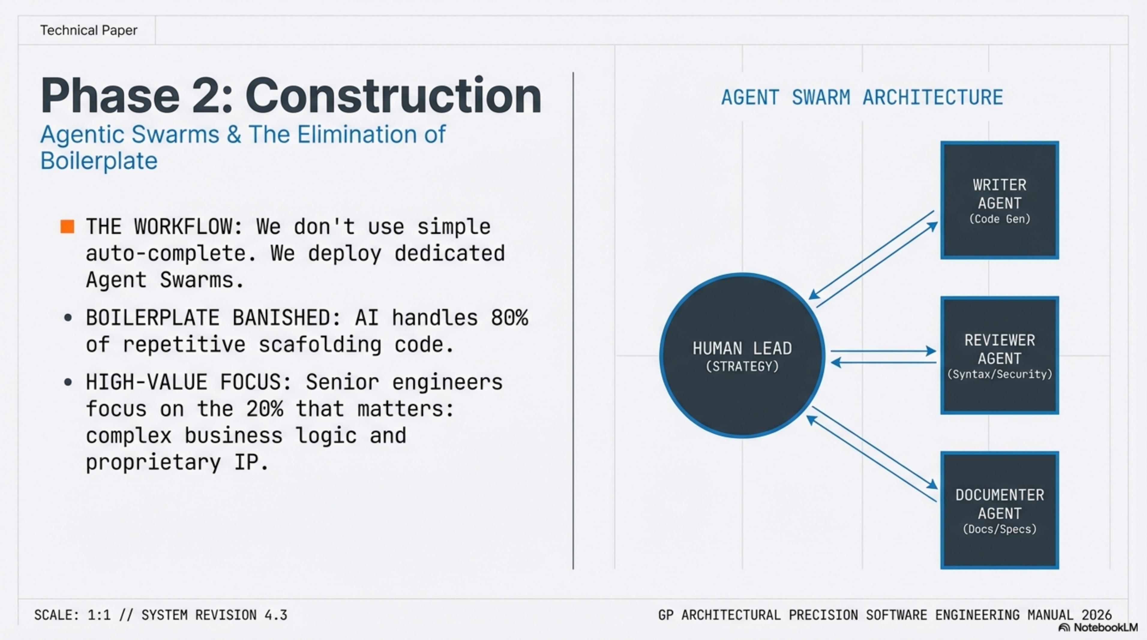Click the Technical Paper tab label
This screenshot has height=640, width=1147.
click(89, 30)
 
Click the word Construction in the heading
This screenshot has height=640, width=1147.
click(393, 96)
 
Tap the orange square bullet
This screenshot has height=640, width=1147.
click(67, 226)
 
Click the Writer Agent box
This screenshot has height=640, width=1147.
click(1000, 200)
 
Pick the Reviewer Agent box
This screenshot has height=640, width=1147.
click(1000, 355)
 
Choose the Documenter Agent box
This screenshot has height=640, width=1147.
click(1000, 510)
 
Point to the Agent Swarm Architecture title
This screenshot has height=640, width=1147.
click(862, 97)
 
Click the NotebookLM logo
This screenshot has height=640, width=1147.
click(1098, 627)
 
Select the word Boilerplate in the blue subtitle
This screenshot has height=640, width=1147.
click(99, 161)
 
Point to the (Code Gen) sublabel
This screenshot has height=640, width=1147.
click(1000, 219)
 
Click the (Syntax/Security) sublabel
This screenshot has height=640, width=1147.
click(1000, 374)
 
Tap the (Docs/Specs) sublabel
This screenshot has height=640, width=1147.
click(1000, 529)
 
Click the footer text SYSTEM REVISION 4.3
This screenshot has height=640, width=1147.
click(214, 615)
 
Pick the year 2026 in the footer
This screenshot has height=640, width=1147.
click(1097, 615)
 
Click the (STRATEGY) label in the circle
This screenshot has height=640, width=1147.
click(742, 366)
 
